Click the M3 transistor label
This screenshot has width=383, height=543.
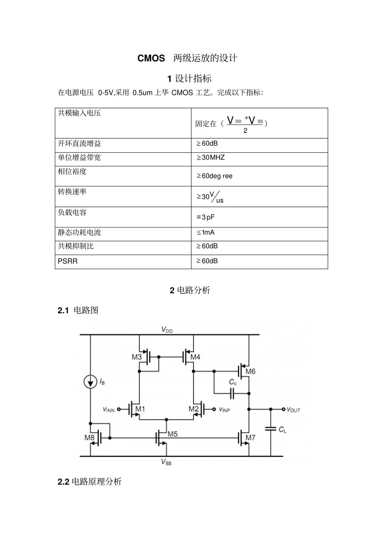pos(137,357)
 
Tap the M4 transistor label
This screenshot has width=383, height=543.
pos(195,357)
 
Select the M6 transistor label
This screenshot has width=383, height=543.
pos(250,371)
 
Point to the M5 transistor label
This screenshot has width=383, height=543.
pos(173,434)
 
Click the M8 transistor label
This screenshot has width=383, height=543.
pos(89,438)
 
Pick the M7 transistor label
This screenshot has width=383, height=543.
pos(250,438)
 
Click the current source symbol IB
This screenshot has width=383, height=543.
pos(90,382)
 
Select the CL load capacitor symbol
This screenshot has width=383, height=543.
pos(271,429)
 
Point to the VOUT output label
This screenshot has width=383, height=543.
pos(293,409)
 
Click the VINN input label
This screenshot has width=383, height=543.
pos(109,409)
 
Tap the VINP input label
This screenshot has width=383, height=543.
pos(225,409)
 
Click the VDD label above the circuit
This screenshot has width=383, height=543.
pos(167,329)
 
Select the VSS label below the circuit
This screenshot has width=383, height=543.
pos(166,462)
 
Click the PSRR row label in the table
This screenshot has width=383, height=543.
pos(68,261)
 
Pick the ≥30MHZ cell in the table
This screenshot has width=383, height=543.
pos(210,157)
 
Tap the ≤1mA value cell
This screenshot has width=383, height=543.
pos(206,233)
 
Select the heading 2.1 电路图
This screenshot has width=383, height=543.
pos(78,310)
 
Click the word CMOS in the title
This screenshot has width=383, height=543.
pos(151,59)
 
